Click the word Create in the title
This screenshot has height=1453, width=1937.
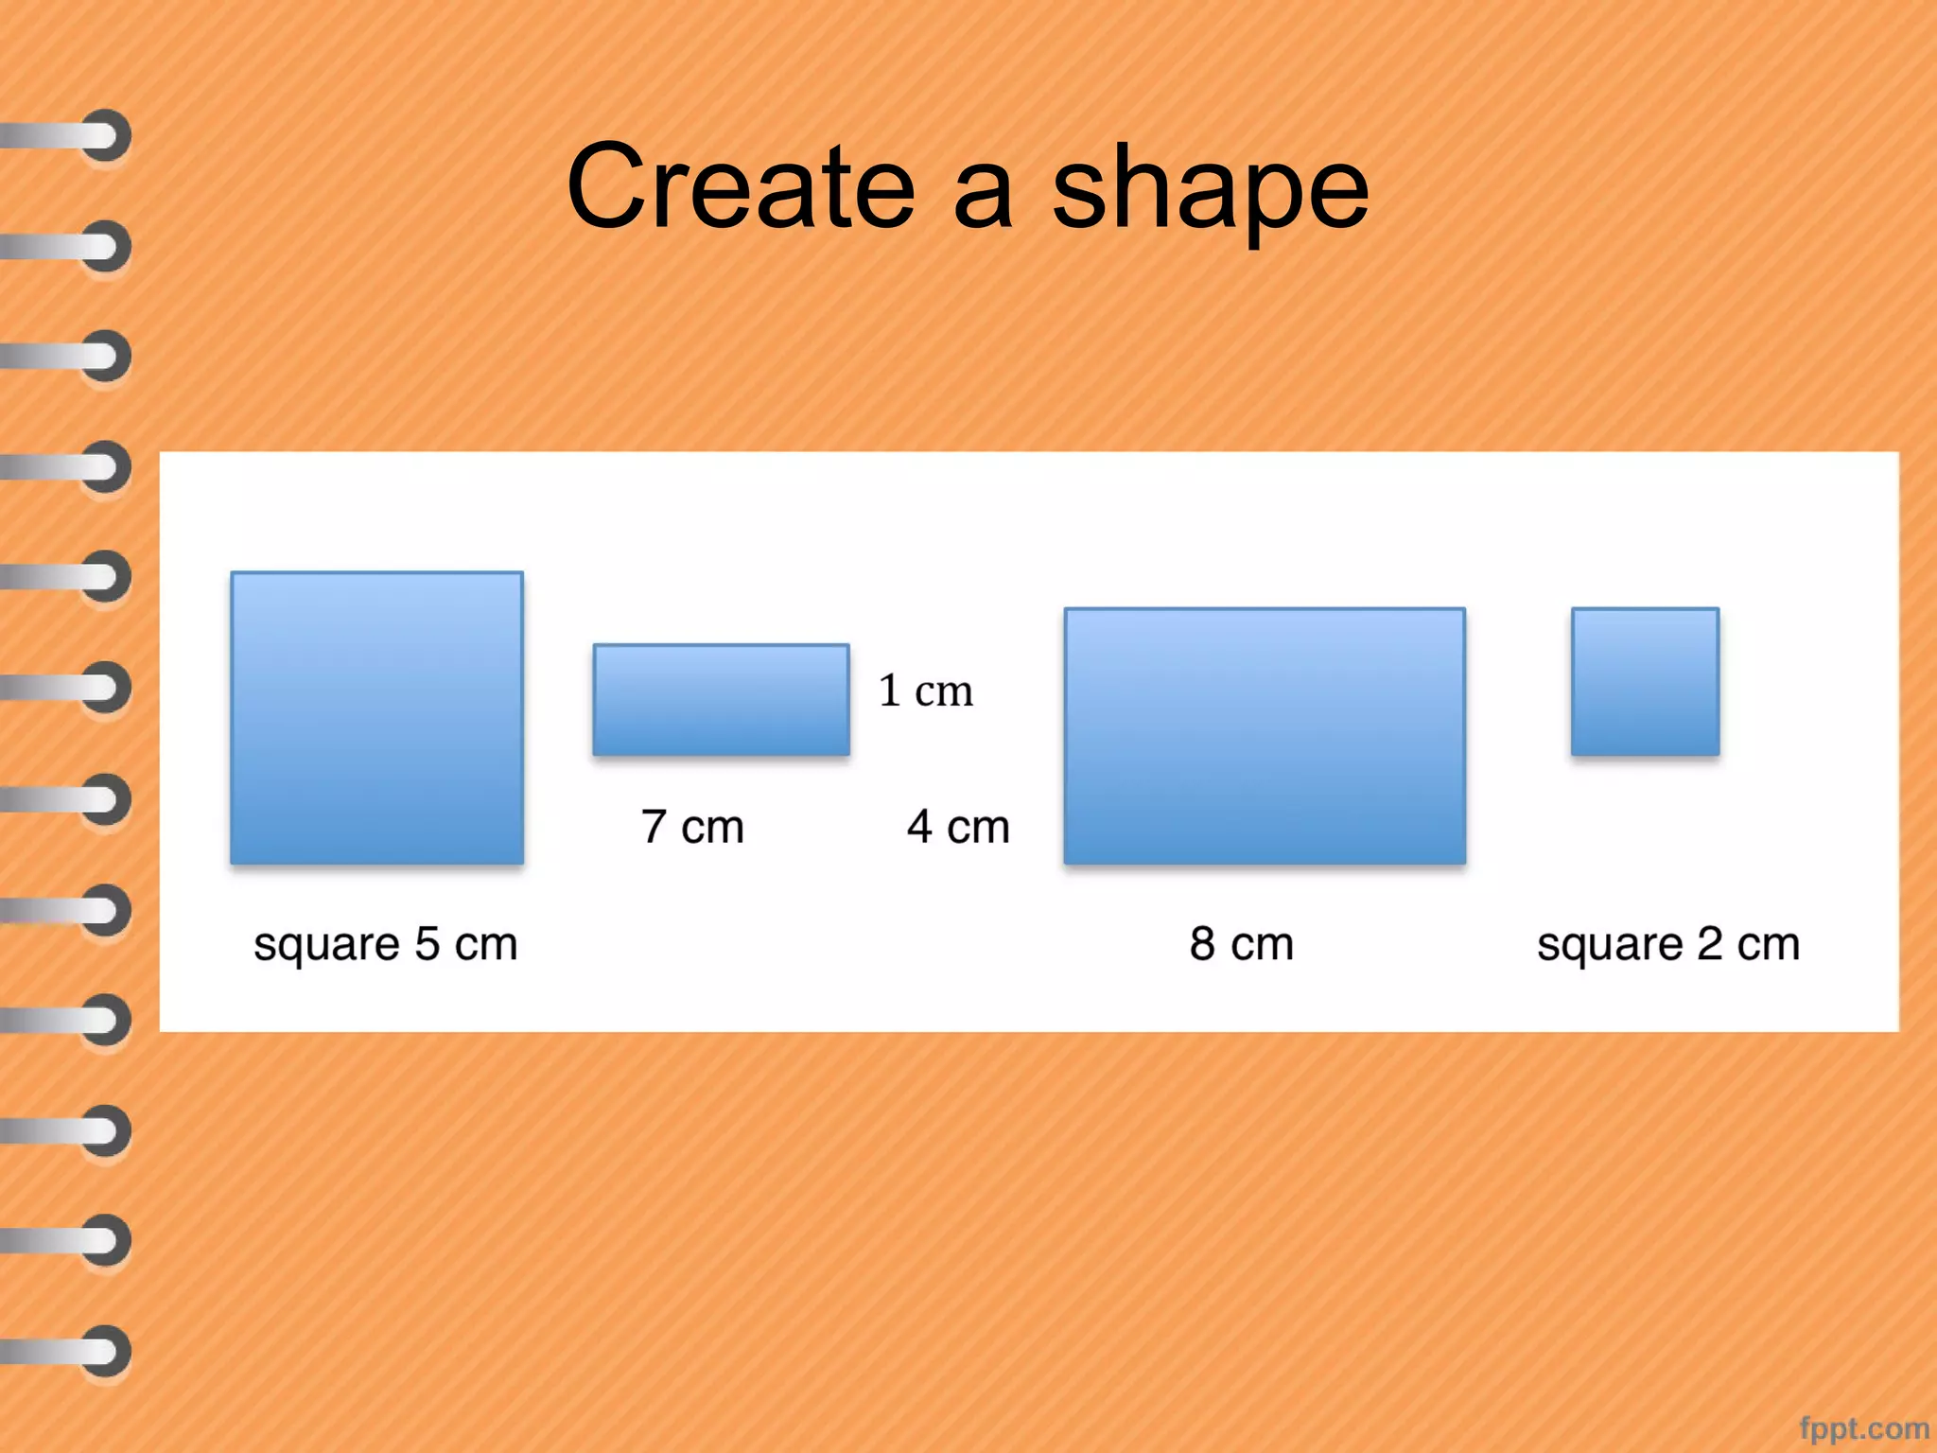point(741,186)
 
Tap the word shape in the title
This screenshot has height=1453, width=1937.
point(1210,189)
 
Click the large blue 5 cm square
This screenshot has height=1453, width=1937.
point(377,718)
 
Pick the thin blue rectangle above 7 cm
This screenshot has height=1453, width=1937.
point(721,700)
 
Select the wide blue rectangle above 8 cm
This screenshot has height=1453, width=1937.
point(1265,736)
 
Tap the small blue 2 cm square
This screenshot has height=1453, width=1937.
point(1645,682)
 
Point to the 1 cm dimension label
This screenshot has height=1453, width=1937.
point(925,691)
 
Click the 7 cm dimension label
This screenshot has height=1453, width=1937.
point(692,827)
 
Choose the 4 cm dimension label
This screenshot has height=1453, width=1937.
point(958,827)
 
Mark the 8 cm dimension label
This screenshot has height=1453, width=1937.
point(1241,943)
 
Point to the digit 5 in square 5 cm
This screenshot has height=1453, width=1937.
point(428,943)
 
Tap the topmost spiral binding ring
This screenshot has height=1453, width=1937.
point(104,136)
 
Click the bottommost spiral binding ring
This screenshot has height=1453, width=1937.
point(104,1351)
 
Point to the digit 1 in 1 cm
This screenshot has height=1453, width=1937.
point(889,691)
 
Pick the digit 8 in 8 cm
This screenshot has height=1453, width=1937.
point(1202,943)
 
